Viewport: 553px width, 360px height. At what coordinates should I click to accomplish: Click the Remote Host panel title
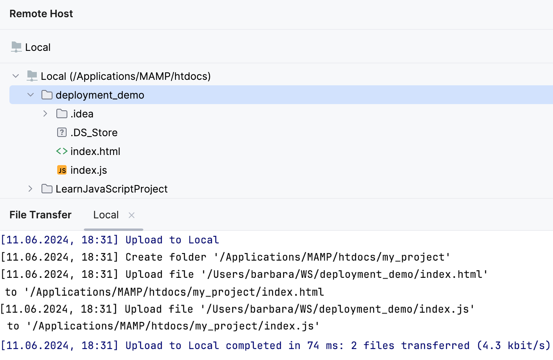point(41,14)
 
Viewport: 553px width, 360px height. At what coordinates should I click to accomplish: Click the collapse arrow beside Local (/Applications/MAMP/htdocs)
point(16,76)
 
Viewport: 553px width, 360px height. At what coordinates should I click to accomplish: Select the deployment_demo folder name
point(100,95)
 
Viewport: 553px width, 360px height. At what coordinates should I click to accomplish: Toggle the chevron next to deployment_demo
point(31,95)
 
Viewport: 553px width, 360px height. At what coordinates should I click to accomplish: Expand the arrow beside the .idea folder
point(45,114)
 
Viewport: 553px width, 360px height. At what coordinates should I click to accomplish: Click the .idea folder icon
point(62,114)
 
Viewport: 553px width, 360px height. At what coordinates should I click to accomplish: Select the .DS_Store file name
point(94,133)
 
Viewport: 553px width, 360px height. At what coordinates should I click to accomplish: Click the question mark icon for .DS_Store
point(62,133)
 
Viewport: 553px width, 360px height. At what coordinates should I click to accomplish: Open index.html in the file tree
point(95,151)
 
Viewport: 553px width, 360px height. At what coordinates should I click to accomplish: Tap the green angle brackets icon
point(62,151)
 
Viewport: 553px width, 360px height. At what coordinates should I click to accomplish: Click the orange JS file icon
point(62,170)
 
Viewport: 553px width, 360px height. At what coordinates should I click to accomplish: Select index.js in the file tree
point(89,170)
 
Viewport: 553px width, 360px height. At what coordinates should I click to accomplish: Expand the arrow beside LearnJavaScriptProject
point(31,189)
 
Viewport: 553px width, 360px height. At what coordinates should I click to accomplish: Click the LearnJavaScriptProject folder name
point(112,189)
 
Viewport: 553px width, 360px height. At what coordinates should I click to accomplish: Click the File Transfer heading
point(40,215)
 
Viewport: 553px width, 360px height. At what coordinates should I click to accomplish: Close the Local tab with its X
point(132,215)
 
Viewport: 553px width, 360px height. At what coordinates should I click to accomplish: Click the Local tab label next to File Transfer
point(106,215)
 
